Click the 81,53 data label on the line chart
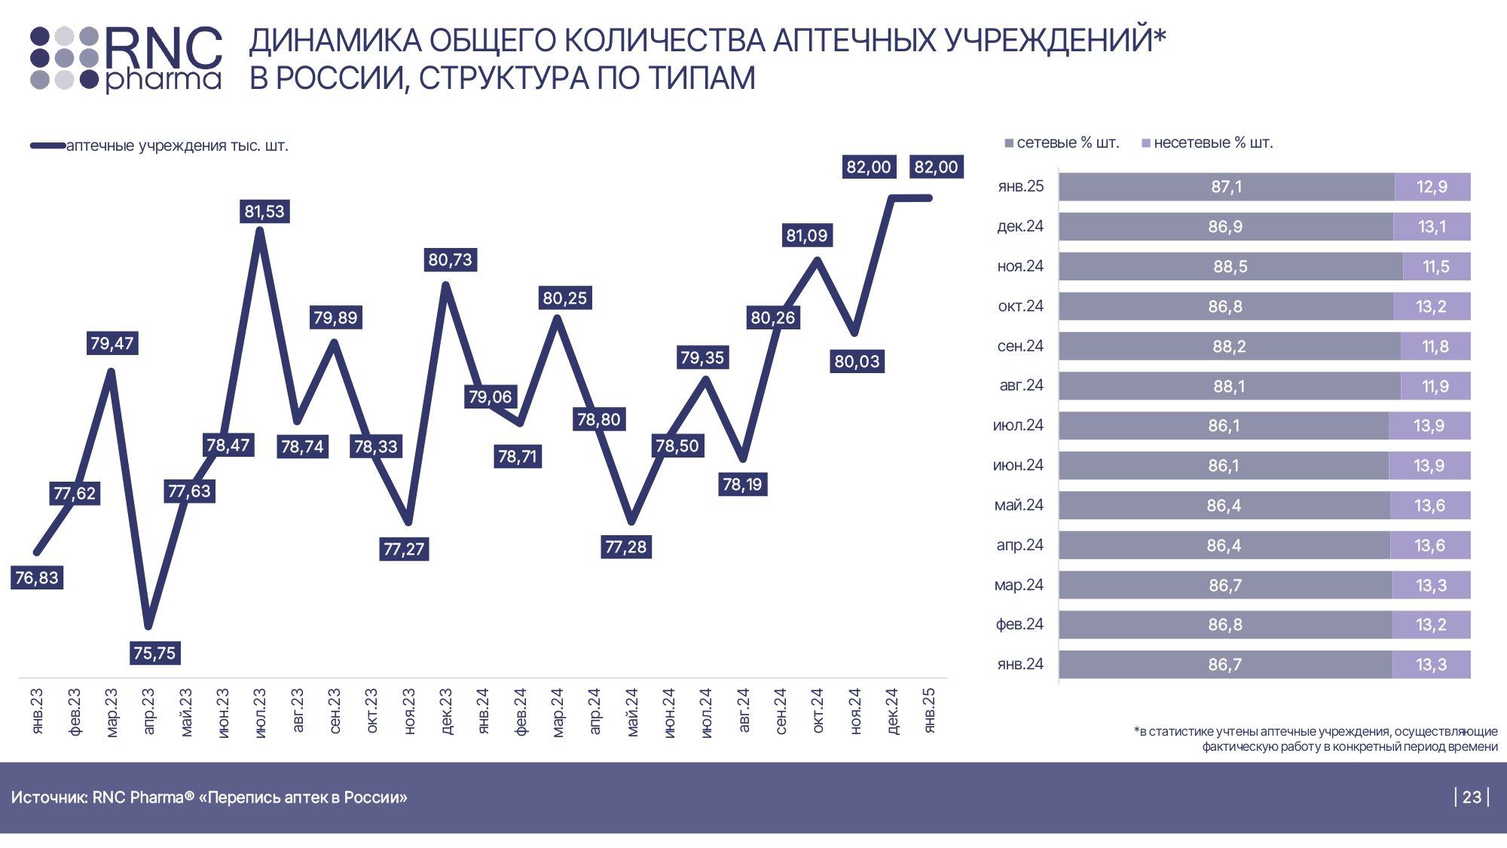click(x=264, y=212)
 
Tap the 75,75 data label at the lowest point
click(x=154, y=653)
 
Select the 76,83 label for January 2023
click(x=37, y=578)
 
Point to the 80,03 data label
click(x=857, y=362)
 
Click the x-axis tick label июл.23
click(x=260, y=712)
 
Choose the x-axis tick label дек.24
click(x=892, y=712)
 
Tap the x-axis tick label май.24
click(x=631, y=712)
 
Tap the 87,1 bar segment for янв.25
click(x=1226, y=187)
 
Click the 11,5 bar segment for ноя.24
click(x=1435, y=267)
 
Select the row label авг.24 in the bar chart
click(x=1021, y=385)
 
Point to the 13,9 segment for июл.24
click(x=1429, y=426)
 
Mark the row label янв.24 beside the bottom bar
click(x=1020, y=664)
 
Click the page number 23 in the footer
click(x=1472, y=797)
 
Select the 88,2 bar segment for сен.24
click(x=1229, y=347)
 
